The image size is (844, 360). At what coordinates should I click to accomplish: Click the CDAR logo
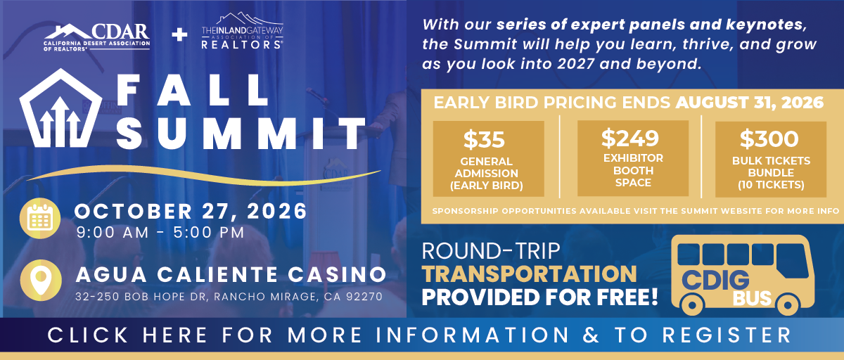[97, 37]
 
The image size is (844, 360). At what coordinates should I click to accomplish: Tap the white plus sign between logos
[179, 35]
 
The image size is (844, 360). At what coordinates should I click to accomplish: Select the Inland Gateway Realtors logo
[242, 31]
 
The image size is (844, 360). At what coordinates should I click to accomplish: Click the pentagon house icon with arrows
[60, 108]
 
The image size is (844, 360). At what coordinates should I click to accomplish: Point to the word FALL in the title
[193, 90]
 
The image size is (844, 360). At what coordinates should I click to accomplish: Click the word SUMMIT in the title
[241, 134]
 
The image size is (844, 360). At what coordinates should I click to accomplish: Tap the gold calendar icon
[40, 219]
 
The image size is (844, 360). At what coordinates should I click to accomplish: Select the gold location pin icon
[41, 280]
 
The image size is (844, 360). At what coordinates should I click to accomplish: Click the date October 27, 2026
[191, 211]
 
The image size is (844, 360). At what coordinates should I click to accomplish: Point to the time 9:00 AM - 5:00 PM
[160, 232]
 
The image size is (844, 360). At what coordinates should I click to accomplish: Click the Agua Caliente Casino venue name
[231, 274]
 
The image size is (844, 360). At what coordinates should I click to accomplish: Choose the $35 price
[484, 139]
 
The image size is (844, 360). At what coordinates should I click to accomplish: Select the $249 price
[630, 138]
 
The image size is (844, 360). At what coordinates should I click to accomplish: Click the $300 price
[769, 139]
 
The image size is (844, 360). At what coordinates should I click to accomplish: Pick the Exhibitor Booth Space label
[633, 170]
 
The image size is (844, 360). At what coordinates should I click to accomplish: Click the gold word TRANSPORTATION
[530, 274]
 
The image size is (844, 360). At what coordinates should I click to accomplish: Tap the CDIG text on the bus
[715, 281]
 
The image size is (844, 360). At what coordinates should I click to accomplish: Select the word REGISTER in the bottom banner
[727, 335]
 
